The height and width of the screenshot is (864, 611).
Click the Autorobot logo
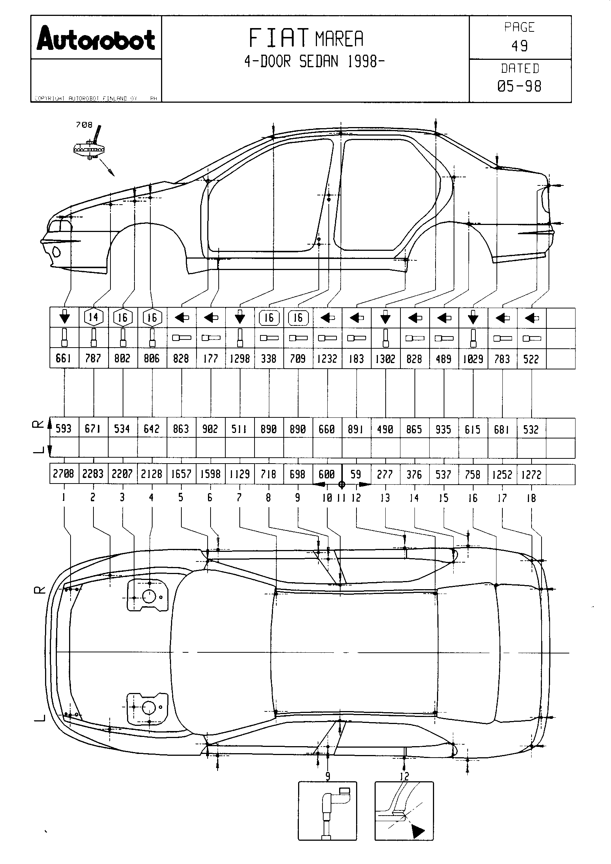[x=96, y=38]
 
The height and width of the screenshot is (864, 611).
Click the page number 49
[x=520, y=46]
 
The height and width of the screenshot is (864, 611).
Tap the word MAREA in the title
[x=339, y=39]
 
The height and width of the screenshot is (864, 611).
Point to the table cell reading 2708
[x=64, y=474]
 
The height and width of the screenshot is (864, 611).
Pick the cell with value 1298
[x=240, y=359]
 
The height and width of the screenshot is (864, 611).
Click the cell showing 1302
[x=385, y=359]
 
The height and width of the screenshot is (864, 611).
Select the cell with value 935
[x=444, y=428]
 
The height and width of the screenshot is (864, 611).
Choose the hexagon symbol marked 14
[x=93, y=317]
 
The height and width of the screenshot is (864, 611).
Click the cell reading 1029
[x=473, y=359]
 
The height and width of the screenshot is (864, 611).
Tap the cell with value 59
[x=355, y=474]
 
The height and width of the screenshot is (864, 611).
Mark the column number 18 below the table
[x=531, y=498]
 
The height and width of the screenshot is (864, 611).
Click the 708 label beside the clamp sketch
[x=84, y=124]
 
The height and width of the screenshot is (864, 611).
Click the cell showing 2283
[x=93, y=474]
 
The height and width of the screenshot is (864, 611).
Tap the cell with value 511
[x=239, y=428]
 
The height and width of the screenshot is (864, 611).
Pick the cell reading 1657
[x=181, y=474]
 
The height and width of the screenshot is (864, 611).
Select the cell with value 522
[x=531, y=359]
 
